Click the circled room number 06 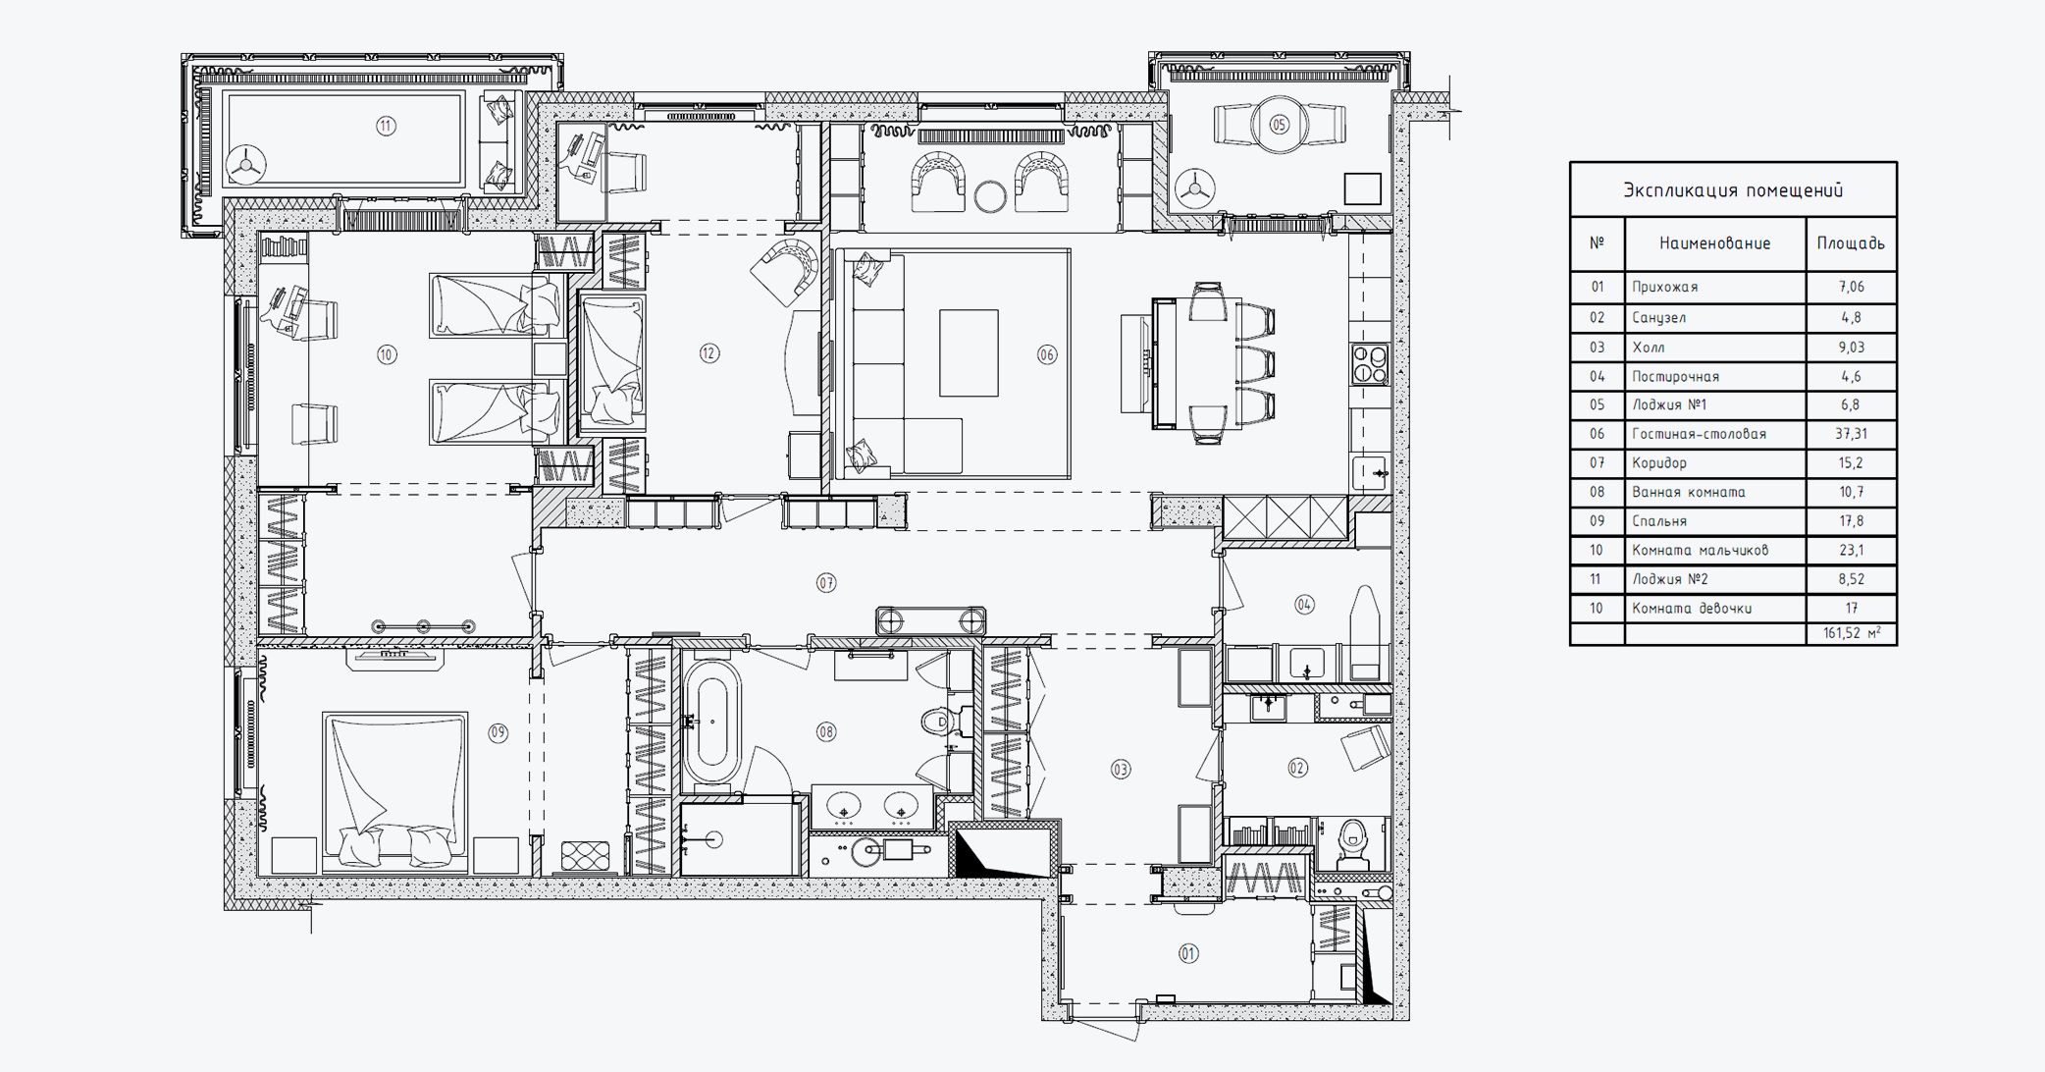pos(1047,354)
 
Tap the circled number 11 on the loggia pos(386,126)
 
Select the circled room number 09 pos(498,732)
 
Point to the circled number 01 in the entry pos(1188,953)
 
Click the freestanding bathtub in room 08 pos(711,722)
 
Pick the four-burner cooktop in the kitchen pos(1370,364)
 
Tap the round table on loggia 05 pos(1280,125)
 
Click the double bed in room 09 pos(394,791)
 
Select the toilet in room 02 pos(1354,841)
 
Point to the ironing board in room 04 pos(1365,634)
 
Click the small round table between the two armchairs pos(990,196)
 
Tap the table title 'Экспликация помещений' pos(1733,190)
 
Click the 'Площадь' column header pos(1851,243)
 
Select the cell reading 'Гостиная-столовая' pos(1699,434)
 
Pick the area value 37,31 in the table pos(1851,434)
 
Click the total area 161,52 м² pos(1852,633)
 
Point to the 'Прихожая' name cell pos(1664,288)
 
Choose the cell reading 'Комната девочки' pos(1692,609)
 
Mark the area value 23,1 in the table pos(1851,551)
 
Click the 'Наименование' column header pos(1715,243)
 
